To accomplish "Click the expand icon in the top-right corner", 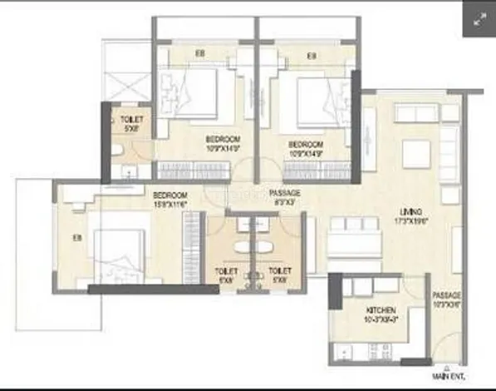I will (479, 20).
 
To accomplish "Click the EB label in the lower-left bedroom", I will (76, 238).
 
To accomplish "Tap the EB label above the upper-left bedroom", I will (200, 54).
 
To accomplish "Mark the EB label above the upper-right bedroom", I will (311, 56).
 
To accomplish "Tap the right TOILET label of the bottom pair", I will (279, 275).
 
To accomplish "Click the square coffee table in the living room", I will (415, 153).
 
